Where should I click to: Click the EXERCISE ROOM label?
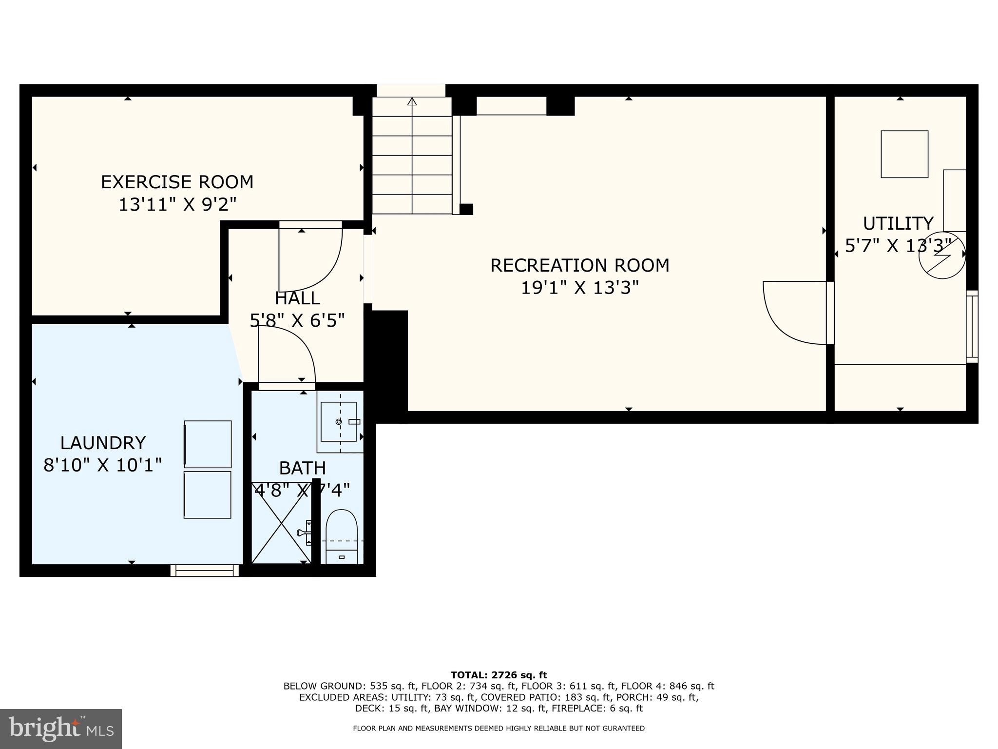[x=177, y=182]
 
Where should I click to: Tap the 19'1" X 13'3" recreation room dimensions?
[x=579, y=288]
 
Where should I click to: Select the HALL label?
[x=297, y=298]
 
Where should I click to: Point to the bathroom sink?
[x=339, y=421]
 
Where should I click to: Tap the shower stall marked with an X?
[x=281, y=522]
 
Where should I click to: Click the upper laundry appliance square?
[x=208, y=444]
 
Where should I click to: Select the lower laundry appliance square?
[x=208, y=494]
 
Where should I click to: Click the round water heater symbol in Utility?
[x=941, y=255]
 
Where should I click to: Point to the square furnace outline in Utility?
[x=904, y=154]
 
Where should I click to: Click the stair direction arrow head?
[x=412, y=101]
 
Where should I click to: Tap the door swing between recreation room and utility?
[x=794, y=312]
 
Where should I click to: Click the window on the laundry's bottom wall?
[x=205, y=571]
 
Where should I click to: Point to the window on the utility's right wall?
[x=972, y=326]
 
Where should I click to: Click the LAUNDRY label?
[x=103, y=443]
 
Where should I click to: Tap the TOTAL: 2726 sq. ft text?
[x=499, y=675]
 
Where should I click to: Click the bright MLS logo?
[x=61, y=729]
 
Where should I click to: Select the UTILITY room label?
[x=898, y=223]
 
